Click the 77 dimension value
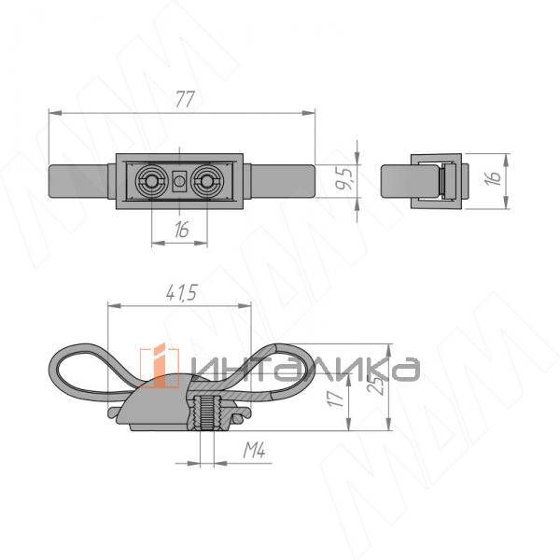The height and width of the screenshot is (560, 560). (x=185, y=99)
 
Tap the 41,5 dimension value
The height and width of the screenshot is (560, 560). (x=181, y=293)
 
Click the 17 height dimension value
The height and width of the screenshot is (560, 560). (x=336, y=397)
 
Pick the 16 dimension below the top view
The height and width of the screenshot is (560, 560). (x=182, y=229)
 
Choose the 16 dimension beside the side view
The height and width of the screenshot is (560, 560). (x=493, y=177)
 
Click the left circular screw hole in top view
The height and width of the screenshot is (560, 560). (x=150, y=181)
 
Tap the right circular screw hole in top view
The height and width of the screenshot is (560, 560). (x=206, y=181)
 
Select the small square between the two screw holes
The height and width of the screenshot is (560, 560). (x=179, y=181)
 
